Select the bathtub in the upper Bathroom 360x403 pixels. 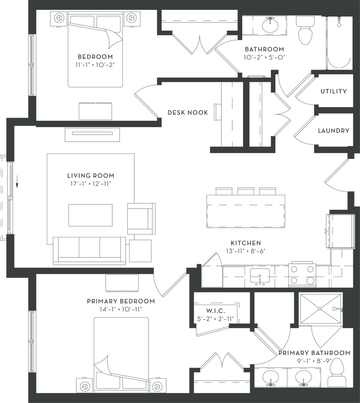tap(339, 43)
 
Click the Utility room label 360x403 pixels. tap(334, 91)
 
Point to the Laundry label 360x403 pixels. tap(334, 131)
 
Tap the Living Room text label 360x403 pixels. tap(91, 176)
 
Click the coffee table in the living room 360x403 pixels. tap(90, 215)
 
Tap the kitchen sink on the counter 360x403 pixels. tap(259, 275)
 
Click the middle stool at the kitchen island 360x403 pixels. tap(246, 191)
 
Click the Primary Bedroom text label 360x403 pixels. tap(121, 301)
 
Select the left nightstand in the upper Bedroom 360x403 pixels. tap(58, 18)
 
